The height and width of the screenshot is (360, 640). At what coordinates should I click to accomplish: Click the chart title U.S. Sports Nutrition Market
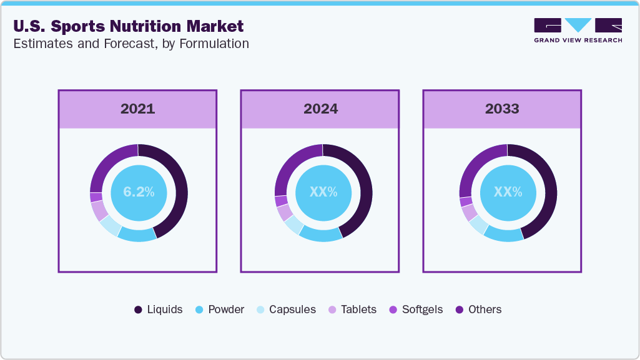pyautogui.click(x=127, y=26)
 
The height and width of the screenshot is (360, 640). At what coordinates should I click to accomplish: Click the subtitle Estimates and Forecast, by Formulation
pyautogui.click(x=130, y=44)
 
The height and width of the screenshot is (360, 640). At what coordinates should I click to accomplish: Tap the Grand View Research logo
pyautogui.click(x=578, y=30)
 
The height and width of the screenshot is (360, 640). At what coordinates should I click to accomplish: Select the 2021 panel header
pyautogui.click(x=137, y=109)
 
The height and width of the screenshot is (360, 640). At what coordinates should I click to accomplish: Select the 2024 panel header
pyautogui.click(x=320, y=109)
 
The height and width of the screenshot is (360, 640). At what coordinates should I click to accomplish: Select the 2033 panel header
pyautogui.click(x=502, y=109)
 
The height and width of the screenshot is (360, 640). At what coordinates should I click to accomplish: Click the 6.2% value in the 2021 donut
pyautogui.click(x=139, y=192)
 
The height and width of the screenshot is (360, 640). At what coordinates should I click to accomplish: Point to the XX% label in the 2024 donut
pyautogui.click(x=323, y=192)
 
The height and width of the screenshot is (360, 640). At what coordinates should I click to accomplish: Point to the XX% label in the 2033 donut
pyautogui.click(x=508, y=192)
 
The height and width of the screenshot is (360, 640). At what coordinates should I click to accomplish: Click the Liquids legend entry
pyautogui.click(x=159, y=309)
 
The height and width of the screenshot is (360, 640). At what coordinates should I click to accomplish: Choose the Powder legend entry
pyautogui.click(x=220, y=309)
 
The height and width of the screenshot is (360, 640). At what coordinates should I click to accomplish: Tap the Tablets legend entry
pyautogui.click(x=352, y=309)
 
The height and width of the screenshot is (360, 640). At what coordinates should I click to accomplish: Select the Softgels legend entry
pyautogui.click(x=416, y=309)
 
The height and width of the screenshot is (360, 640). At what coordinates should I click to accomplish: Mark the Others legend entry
pyautogui.click(x=478, y=309)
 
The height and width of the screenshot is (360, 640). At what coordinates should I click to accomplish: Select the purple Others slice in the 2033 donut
pyautogui.click(x=475, y=165)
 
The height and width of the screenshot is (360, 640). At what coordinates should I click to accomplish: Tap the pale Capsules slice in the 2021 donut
pyautogui.click(x=109, y=225)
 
